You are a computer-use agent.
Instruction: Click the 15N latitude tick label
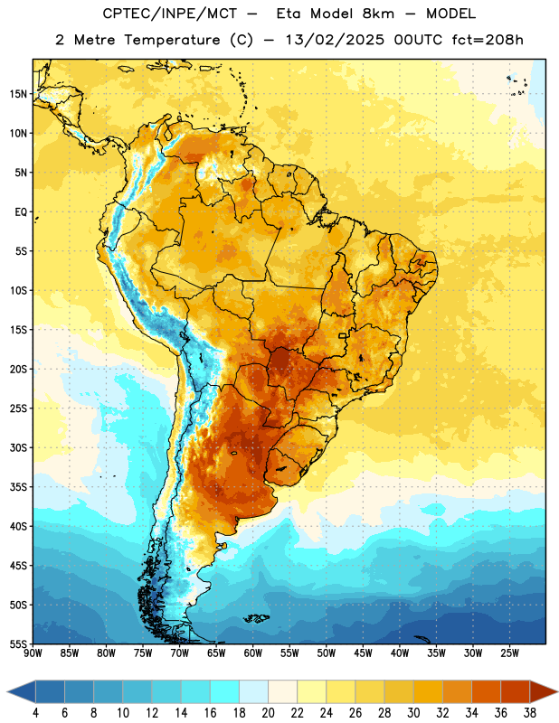point(18,94)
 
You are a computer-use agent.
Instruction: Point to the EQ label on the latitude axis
point(21,212)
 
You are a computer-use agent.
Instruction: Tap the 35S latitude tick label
point(18,487)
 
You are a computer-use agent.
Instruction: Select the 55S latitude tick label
point(18,643)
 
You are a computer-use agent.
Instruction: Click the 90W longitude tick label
point(33,653)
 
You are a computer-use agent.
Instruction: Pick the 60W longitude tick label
point(253,653)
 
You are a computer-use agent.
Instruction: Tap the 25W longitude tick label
point(509,653)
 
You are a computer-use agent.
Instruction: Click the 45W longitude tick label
point(364,653)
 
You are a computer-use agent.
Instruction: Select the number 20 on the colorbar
point(268,713)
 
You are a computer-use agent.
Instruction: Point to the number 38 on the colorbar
point(530,713)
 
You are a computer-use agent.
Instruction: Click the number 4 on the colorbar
point(35,713)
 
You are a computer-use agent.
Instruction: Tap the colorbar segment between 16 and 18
point(225,691)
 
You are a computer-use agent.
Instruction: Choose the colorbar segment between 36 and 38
point(516,691)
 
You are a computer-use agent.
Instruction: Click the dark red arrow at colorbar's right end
point(543,691)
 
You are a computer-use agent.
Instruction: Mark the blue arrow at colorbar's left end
point(22,691)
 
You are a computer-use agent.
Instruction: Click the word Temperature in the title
point(172,40)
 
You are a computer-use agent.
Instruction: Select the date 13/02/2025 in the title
point(335,40)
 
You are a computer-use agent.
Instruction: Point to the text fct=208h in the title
point(488,40)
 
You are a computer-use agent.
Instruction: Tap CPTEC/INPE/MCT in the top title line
point(170,14)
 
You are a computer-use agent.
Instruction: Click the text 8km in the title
point(378,14)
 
